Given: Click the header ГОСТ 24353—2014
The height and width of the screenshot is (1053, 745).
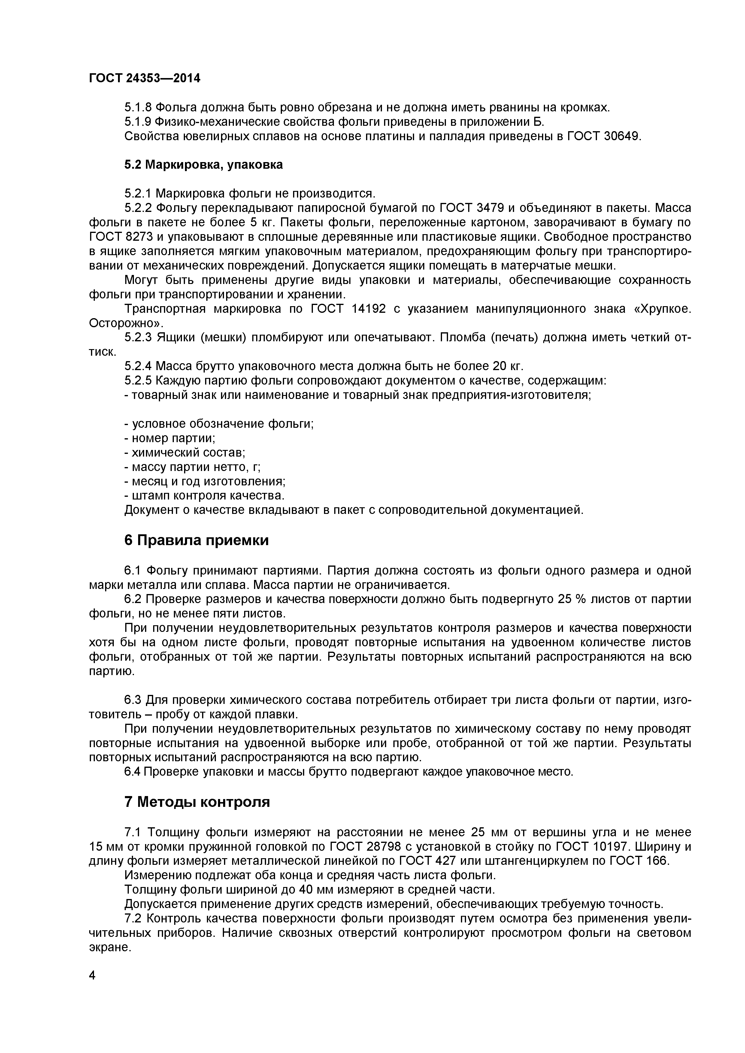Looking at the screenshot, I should [144, 78].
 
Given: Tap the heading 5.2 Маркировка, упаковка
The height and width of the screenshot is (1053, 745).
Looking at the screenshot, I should [203, 165].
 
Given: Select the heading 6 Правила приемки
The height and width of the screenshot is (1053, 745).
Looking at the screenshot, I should [196, 540].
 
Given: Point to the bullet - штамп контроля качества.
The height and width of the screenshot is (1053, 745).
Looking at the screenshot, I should [204, 496].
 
